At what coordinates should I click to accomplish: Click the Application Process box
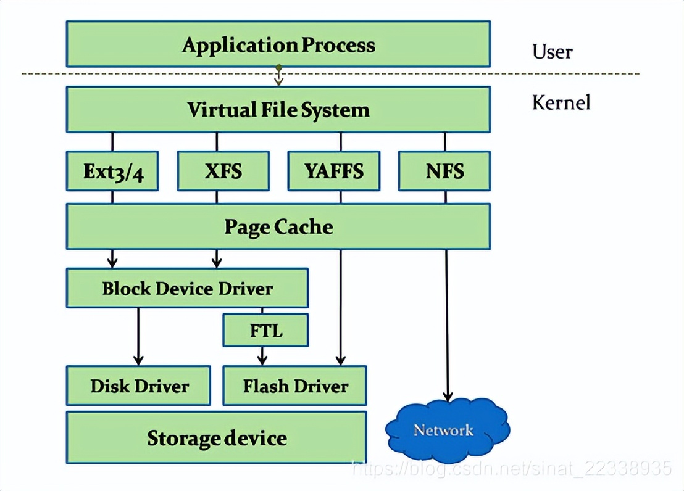(278, 44)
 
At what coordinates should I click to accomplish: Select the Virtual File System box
(278, 110)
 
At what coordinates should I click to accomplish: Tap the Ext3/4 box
(112, 171)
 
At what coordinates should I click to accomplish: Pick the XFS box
(223, 171)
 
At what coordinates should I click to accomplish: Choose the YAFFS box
(333, 171)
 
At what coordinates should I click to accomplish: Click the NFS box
(444, 171)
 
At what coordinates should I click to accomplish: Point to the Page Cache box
(278, 226)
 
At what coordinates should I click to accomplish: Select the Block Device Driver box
(187, 288)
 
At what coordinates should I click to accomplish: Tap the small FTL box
(265, 331)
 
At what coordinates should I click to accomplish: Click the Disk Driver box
(138, 386)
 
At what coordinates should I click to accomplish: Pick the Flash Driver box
(294, 386)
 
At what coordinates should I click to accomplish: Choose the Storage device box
(216, 438)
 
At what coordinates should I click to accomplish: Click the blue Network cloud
(444, 429)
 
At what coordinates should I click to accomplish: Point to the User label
(552, 51)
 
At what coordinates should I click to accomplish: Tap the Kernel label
(561, 102)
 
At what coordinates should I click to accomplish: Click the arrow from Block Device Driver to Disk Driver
(138, 336)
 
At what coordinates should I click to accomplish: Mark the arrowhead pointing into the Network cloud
(448, 397)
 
